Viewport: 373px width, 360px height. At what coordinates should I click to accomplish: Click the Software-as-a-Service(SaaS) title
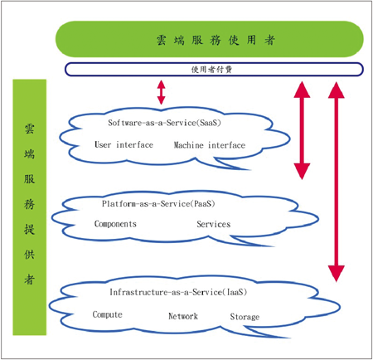tap(164, 123)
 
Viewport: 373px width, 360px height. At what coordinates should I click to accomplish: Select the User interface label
tap(124, 144)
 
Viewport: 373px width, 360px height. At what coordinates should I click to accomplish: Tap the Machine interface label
tap(210, 145)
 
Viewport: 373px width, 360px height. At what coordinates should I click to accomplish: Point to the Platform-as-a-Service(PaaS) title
tap(158, 204)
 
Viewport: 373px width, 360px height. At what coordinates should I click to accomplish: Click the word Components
tap(115, 224)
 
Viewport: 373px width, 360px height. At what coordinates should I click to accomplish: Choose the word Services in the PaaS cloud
tap(214, 224)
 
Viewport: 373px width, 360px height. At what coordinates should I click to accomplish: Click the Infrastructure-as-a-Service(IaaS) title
tap(178, 292)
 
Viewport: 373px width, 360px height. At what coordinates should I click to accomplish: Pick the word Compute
tap(107, 314)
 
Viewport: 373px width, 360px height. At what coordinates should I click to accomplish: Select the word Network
tap(183, 316)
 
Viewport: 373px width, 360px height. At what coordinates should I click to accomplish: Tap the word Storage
tap(245, 317)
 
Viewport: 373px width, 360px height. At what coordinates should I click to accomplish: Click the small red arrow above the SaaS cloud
tap(162, 92)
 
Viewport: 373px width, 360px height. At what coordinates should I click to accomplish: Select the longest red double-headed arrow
tap(337, 182)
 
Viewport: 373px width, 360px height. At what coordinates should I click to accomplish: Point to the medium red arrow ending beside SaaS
tap(302, 130)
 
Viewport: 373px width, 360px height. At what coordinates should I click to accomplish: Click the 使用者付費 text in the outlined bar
tap(211, 70)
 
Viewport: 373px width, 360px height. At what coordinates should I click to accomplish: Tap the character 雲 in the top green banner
tap(162, 40)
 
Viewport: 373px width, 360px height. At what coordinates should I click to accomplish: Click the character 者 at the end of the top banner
tap(269, 40)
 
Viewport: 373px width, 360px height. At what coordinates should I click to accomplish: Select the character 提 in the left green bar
tap(29, 229)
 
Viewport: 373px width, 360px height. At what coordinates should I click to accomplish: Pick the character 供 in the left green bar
tap(29, 254)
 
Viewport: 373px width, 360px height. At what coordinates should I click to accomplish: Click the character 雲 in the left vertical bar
tap(29, 129)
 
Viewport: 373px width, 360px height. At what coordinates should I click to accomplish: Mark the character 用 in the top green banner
tap(251, 40)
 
